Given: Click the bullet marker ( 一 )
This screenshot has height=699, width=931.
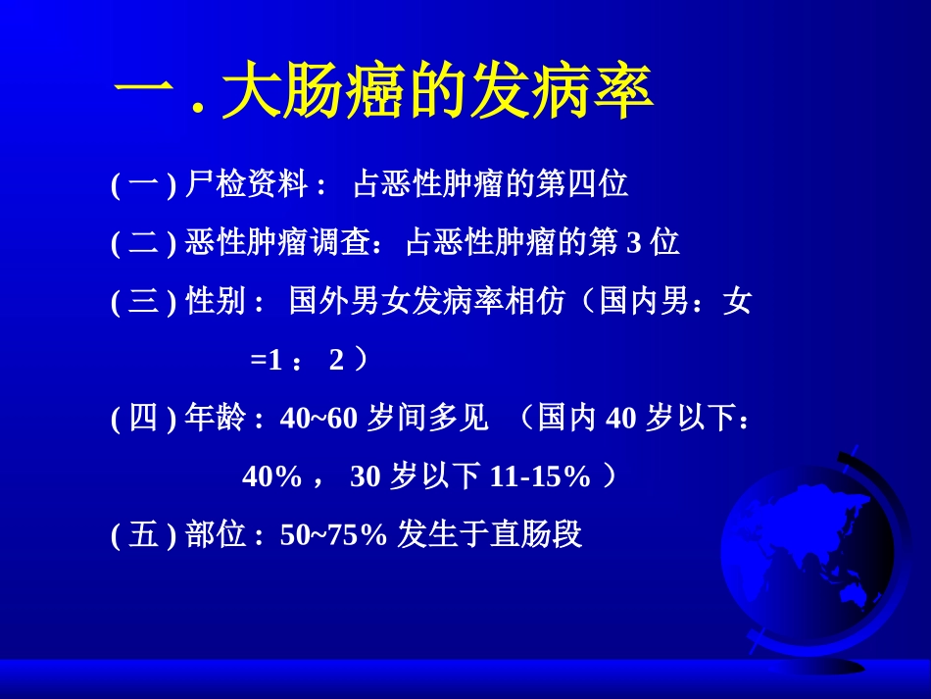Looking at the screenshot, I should (143, 184).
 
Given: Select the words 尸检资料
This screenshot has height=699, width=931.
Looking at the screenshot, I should (246, 184).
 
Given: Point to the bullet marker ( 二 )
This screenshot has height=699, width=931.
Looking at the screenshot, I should (143, 243).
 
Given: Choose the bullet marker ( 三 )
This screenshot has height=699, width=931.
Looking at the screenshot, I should (143, 302).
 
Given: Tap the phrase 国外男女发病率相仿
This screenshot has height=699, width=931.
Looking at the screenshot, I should (427, 302).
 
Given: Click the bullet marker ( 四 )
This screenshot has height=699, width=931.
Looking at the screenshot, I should (143, 420).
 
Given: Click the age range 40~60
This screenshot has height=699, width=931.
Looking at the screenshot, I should (319, 420).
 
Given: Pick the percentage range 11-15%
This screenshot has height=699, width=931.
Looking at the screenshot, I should (540, 477).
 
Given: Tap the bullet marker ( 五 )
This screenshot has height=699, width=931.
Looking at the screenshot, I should (143, 535).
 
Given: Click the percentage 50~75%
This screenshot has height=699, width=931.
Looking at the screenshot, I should (334, 535).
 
